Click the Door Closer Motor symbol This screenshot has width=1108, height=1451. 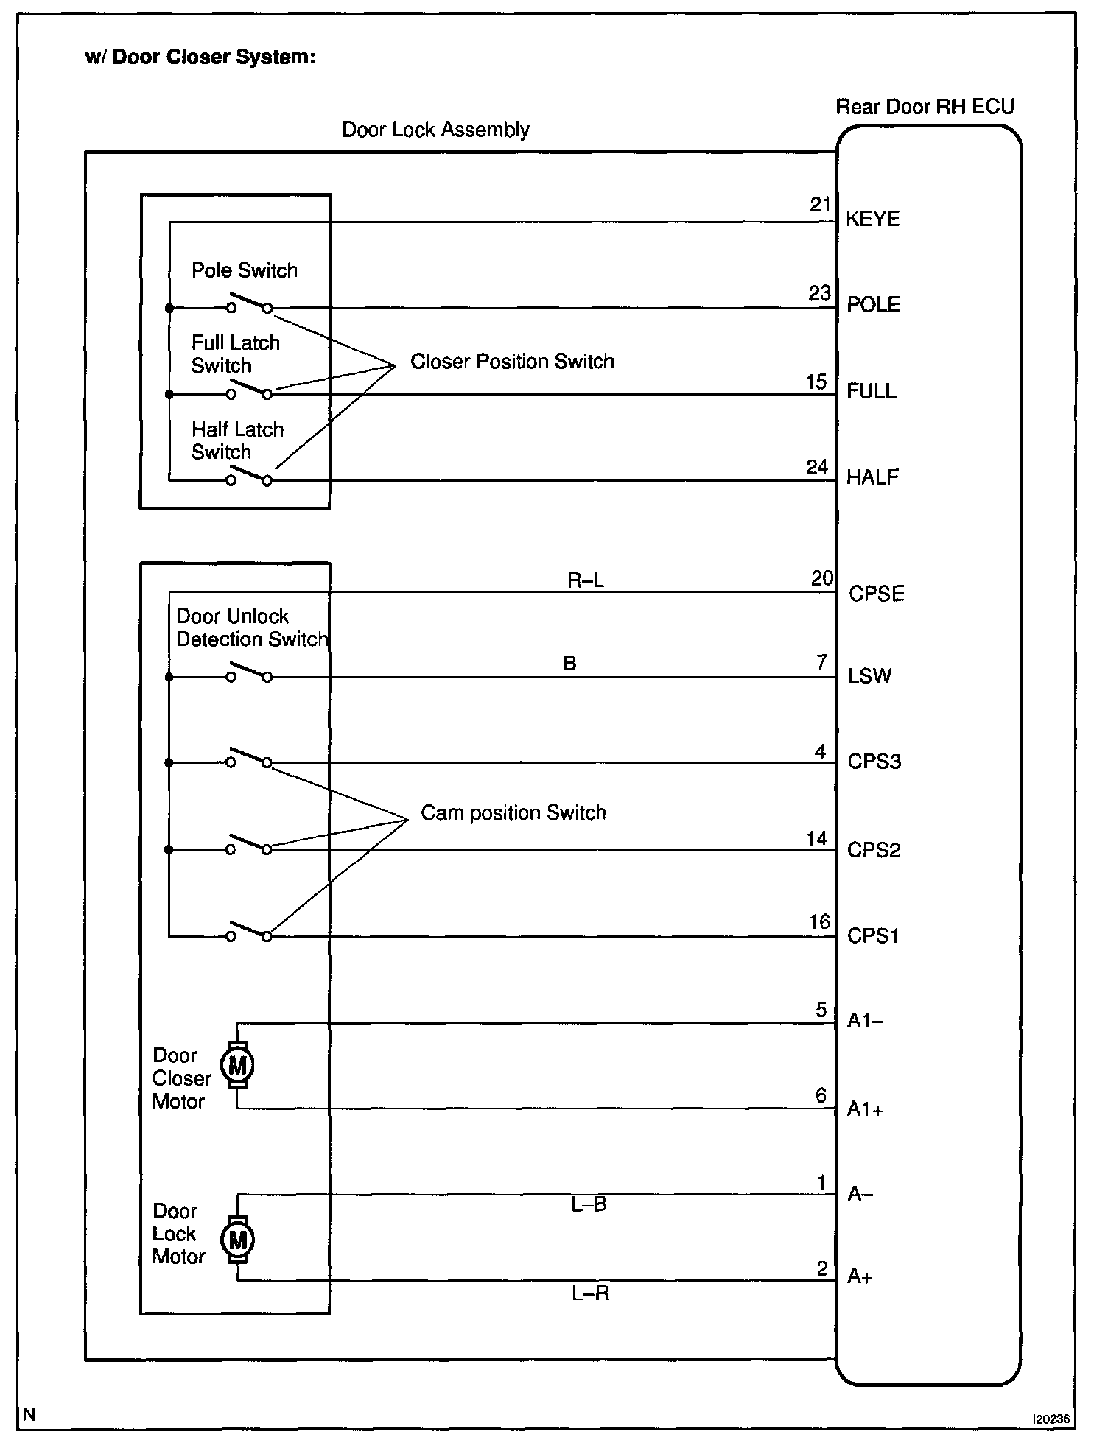click(237, 1065)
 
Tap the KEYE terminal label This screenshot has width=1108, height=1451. click(872, 219)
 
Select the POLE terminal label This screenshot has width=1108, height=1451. click(873, 305)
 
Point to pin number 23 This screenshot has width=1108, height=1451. click(819, 293)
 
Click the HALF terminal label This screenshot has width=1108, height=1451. click(872, 477)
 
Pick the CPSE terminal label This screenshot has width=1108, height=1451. click(876, 594)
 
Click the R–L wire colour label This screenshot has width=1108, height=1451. click(586, 580)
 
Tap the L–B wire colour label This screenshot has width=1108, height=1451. click(589, 1205)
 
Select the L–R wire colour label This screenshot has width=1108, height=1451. click(590, 1293)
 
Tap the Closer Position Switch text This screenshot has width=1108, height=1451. click(512, 362)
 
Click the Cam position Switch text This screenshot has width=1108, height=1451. click(513, 813)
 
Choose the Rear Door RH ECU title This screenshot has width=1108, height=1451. click(925, 108)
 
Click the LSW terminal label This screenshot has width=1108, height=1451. click(869, 676)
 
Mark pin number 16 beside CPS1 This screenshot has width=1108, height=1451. click(819, 922)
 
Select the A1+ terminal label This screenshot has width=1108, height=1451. click(865, 1109)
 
